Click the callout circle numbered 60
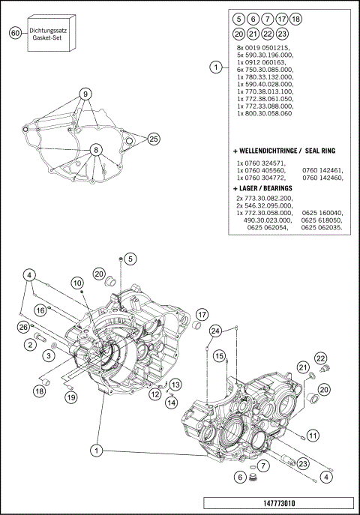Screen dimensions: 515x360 pos(15,34)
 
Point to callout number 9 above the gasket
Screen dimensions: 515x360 pos(86,94)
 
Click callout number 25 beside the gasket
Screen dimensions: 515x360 pos(153,139)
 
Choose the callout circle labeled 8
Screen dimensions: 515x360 pos(96,149)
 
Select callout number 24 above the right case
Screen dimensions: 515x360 pos(215,331)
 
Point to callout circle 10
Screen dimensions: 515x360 pos(77,283)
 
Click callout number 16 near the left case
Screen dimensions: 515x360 pos(39,309)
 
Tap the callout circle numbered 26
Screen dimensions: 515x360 pos(23,327)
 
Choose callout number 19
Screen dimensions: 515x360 pos(69,397)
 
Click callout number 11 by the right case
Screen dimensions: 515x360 pos(313,435)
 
